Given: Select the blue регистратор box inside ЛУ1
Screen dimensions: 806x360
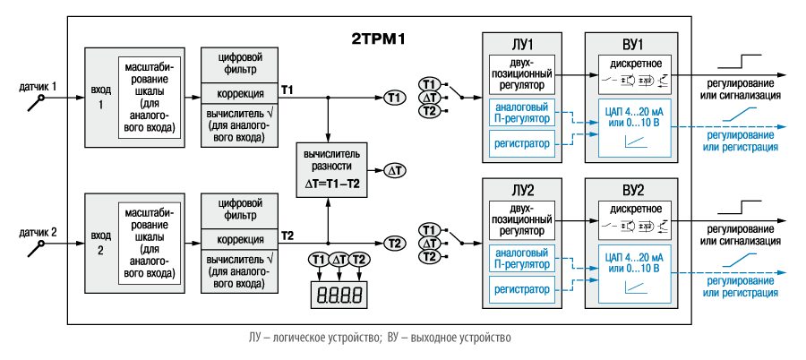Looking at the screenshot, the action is [522, 143].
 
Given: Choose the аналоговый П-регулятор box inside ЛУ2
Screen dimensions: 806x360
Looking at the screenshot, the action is [522, 258].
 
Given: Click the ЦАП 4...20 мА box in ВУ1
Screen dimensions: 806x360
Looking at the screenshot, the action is [634, 127].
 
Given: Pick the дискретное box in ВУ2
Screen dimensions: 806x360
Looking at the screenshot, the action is [634, 217].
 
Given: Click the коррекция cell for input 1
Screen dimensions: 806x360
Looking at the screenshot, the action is [239, 94].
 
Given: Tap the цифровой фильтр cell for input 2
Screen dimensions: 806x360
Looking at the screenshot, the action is [239, 209].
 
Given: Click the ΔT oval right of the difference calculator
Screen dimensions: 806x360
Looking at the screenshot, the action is [395, 170].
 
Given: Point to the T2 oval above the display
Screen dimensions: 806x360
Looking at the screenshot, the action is [359, 260].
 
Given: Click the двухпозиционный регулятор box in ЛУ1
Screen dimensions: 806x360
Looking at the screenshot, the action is [522, 74].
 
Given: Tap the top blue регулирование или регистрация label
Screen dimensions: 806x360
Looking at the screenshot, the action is [742, 141].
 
